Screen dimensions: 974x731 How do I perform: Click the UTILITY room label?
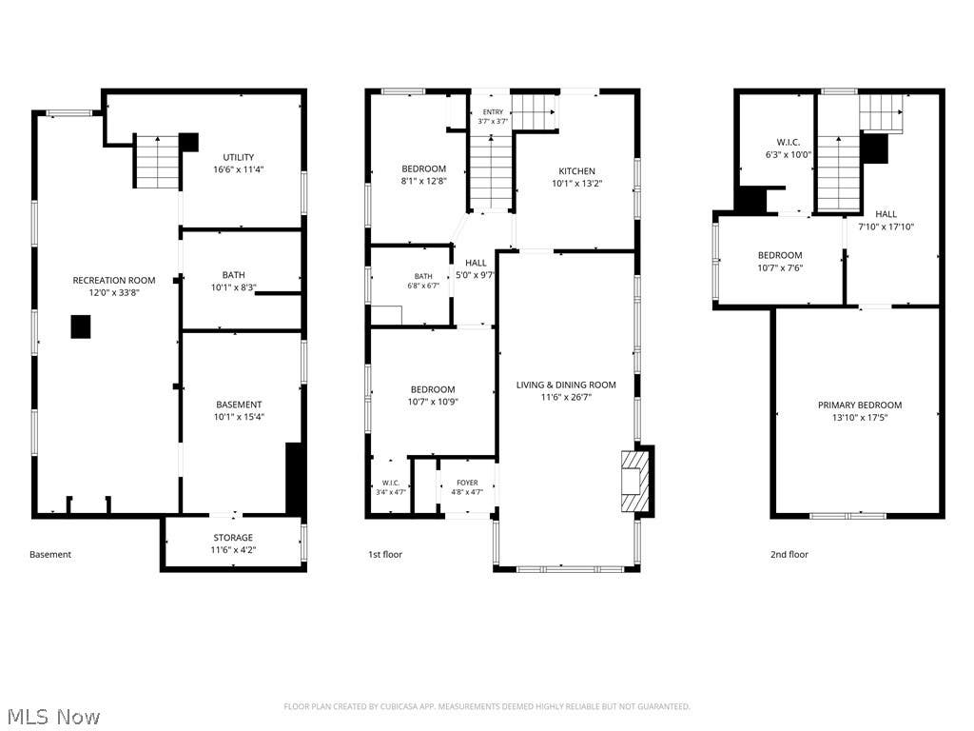click(x=239, y=157)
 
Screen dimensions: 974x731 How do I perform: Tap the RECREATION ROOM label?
click(x=114, y=281)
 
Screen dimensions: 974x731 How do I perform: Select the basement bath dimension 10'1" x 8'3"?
click(x=234, y=287)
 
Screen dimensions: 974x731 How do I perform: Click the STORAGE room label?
click(x=233, y=538)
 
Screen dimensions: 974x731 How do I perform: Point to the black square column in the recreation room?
click(x=81, y=327)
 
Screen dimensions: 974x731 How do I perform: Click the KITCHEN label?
click(x=577, y=171)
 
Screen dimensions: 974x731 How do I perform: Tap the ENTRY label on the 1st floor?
click(x=494, y=112)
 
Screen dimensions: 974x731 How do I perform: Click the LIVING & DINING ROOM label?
click(x=566, y=385)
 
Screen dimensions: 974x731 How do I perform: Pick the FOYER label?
click(x=467, y=483)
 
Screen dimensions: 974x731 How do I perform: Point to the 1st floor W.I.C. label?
click(x=391, y=483)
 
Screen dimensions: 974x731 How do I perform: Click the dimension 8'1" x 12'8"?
click(x=423, y=181)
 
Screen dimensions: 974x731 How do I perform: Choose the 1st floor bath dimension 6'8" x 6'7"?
click(x=423, y=286)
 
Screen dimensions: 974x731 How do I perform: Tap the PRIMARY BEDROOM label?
click(x=860, y=405)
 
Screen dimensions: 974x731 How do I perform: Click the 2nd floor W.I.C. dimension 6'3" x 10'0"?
click(x=789, y=155)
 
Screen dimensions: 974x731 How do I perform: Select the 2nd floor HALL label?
click(x=886, y=214)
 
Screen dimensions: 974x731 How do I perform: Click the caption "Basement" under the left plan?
click(x=50, y=555)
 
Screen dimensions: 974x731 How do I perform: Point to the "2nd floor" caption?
click(x=789, y=555)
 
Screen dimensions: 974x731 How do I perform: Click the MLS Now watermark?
click(x=54, y=717)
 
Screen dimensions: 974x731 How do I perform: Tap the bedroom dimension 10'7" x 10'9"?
click(x=433, y=402)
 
